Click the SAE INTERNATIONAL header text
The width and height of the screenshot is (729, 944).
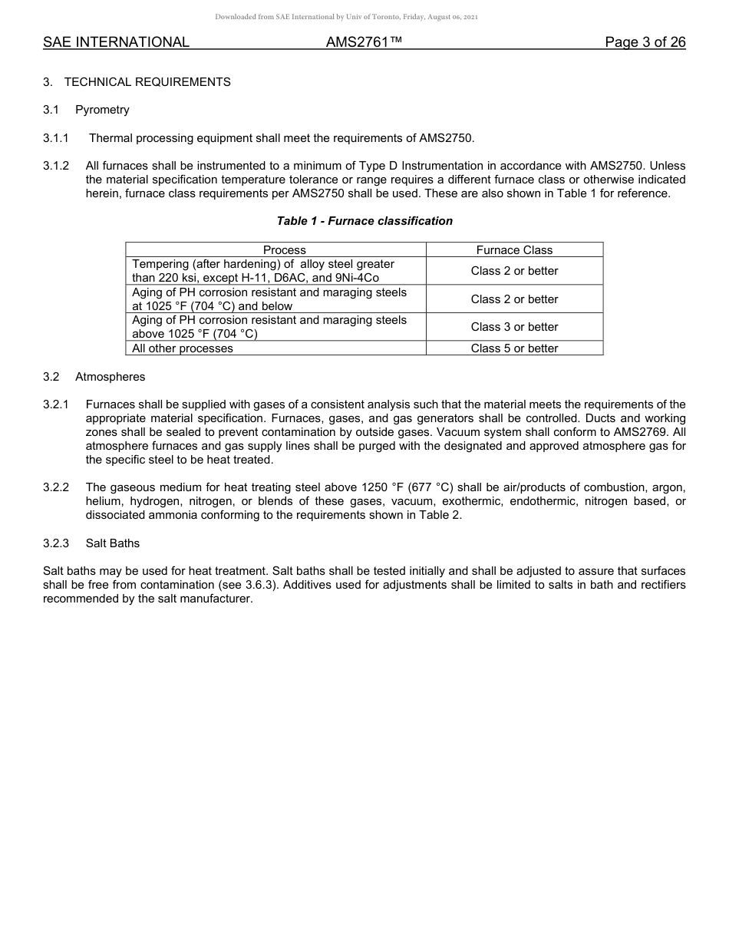[x=116, y=43]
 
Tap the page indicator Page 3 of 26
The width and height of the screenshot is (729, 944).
[x=645, y=43]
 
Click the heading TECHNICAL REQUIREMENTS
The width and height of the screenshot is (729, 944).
[x=147, y=82]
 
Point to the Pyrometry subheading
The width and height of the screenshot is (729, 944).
[x=102, y=110]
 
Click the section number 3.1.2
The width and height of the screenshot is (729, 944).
[x=56, y=166]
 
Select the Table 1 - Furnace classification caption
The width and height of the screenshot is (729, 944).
[x=364, y=221]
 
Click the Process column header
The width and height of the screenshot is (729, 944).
[x=284, y=250]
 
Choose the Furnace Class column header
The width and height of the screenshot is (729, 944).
[x=514, y=250]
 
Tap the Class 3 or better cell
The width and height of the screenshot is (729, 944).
[x=514, y=327]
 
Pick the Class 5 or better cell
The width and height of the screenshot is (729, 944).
[x=514, y=348]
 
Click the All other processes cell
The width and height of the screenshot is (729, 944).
[x=183, y=348]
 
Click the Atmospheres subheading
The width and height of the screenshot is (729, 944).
[x=110, y=377]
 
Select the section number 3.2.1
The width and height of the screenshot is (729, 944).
[x=56, y=404]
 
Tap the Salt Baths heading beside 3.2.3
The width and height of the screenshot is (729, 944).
[x=113, y=543]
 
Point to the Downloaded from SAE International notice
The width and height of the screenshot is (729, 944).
[x=347, y=17]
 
